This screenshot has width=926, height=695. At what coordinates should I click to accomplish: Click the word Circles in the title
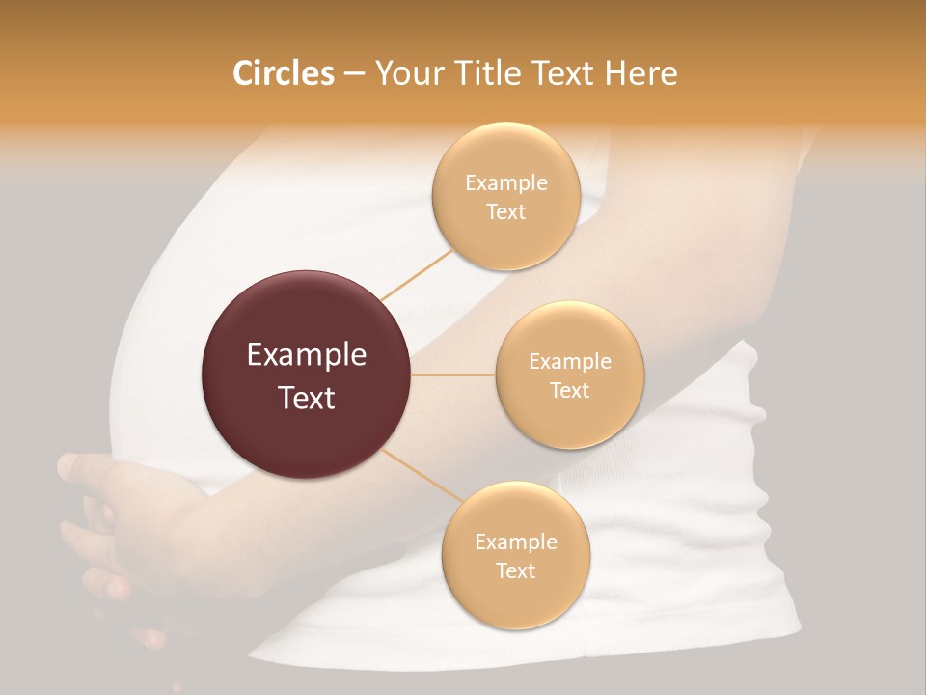[x=284, y=73]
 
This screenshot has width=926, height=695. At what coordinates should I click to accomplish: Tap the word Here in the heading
[x=640, y=73]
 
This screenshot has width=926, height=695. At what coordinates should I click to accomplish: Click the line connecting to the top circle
[x=417, y=275]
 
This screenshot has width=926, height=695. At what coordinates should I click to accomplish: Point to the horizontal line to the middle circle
[x=452, y=375]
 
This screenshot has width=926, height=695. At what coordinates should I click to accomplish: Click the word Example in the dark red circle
[x=307, y=355]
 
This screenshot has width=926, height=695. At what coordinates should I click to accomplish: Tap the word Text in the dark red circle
[x=307, y=397]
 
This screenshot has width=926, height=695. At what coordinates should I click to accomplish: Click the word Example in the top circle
[x=506, y=183]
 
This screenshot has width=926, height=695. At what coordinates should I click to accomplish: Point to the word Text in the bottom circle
[x=515, y=570]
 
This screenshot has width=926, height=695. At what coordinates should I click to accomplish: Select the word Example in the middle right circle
[x=570, y=362]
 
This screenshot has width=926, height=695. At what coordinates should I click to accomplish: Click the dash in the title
[x=354, y=74]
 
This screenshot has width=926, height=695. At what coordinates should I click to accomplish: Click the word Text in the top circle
[x=505, y=211]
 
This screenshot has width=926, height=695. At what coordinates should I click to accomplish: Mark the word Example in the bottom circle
[x=516, y=542]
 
